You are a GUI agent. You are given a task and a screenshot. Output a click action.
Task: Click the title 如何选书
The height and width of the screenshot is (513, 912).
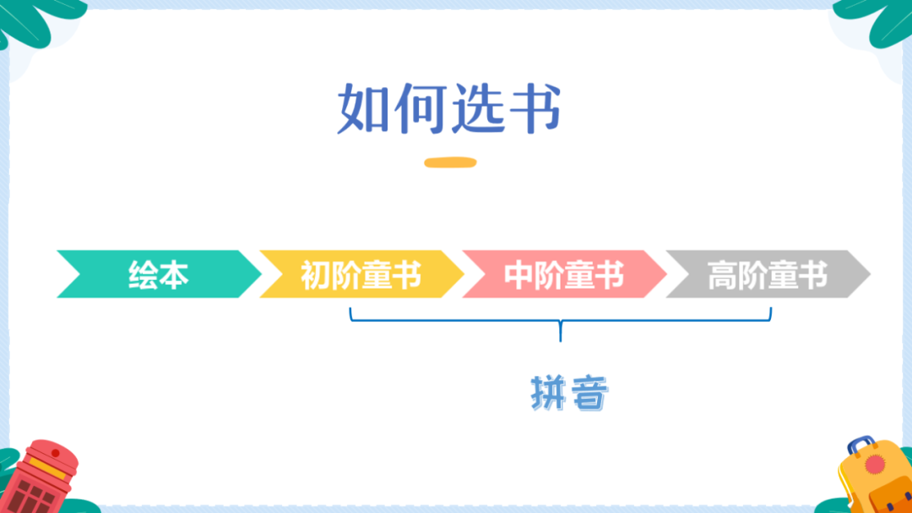coord(449,109)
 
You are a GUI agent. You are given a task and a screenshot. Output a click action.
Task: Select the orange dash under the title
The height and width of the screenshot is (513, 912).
coord(449,162)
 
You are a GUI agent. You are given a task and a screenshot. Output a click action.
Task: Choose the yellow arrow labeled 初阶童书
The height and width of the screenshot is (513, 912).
coord(361,275)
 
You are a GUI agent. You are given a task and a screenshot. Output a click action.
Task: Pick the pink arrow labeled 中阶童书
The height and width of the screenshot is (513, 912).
coord(563,275)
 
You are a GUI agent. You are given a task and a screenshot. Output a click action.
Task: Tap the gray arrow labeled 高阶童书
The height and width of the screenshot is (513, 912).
coord(767,275)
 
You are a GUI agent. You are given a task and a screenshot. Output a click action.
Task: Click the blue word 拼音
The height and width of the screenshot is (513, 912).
coord(569,392)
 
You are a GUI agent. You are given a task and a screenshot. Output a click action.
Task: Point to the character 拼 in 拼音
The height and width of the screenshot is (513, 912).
coord(549,392)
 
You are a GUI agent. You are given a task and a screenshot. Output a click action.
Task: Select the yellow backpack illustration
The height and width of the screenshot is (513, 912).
coord(874,482)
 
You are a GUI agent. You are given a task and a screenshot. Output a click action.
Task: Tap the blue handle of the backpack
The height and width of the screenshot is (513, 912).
coord(860,445)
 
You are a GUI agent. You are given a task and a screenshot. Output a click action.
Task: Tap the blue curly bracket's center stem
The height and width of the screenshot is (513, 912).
coord(560,331)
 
